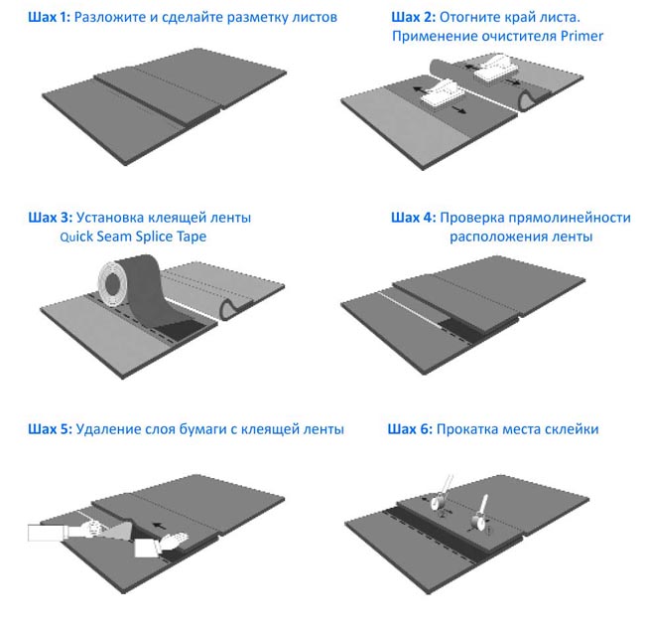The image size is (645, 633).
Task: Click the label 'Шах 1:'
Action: pyautogui.click(x=49, y=17)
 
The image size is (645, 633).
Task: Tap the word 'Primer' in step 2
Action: pyautogui.click(x=581, y=36)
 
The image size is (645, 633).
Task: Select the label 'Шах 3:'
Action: pyautogui.click(x=50, y=218)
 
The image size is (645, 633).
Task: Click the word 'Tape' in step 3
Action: pyautogui.click(x=192, y=237)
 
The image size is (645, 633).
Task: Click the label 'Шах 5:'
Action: pyautogui.click(x=50, y=429)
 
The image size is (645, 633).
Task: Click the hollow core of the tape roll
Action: pyautogui.click(x=112, y=283)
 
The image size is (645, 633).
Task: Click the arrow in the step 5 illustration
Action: pyautogui.click(x=160, y=526)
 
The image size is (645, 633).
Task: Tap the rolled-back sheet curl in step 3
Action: pyautogui.click(x=232, y=308)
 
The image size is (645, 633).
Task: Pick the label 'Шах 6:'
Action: pyautogui.click(x=410, y=429)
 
